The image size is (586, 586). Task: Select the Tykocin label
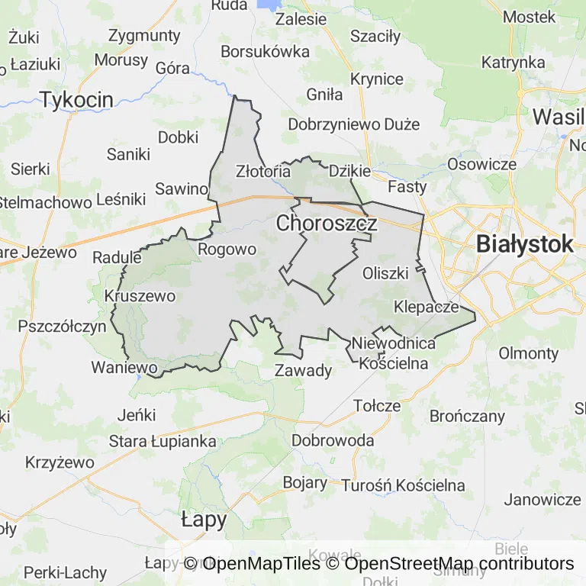(x=76, y=99)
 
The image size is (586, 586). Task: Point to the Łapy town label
(x=204, y=520)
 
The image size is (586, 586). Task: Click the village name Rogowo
(x=227, y=250)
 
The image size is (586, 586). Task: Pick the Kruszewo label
(x=140, y=296)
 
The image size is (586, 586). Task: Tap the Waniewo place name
(x=124, y=367)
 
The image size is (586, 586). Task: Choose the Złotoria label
(x=263, y=171)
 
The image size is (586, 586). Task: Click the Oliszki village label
(x=386, y=272)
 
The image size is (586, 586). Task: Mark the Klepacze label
(x=427, y=307)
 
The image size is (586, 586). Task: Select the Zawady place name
(x=303, y=372)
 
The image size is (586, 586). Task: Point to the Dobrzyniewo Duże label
(x=354, y=124)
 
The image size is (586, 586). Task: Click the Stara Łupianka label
(x=163, y=441)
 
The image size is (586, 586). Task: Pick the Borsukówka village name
(x=265, y=52)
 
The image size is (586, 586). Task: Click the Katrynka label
(x=513, y=63)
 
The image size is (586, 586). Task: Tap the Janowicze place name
(x=543, y=500)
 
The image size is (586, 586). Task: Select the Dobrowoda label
(x=333, y=441)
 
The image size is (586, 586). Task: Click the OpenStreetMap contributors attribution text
(x=459, y=564)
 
